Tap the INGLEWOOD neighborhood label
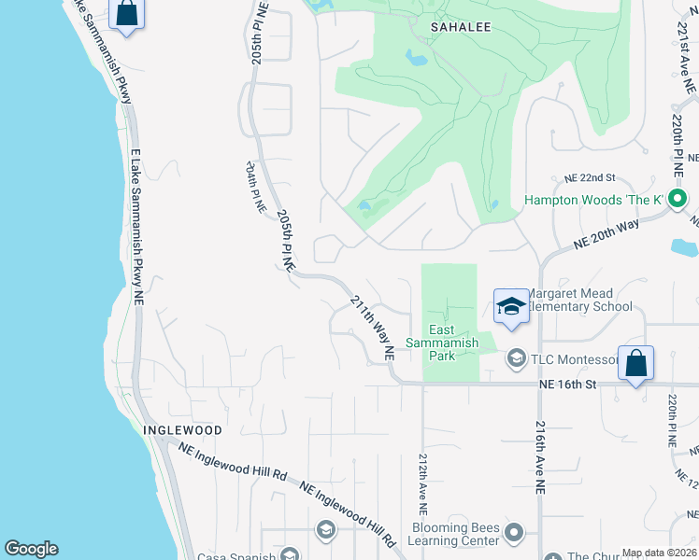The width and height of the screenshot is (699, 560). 183,430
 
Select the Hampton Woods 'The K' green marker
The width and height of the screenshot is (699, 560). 679,199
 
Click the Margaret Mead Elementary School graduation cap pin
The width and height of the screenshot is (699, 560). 511,307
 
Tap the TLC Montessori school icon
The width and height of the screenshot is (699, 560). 515,358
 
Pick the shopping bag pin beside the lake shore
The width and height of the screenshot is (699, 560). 127,13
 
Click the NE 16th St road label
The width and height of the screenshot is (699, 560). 567,384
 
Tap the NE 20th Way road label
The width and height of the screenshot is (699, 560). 606,235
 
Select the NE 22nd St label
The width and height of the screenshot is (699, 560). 590,177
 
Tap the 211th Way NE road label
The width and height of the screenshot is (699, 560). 372,328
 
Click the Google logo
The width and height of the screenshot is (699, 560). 31,549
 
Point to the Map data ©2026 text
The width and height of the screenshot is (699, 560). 659,553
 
